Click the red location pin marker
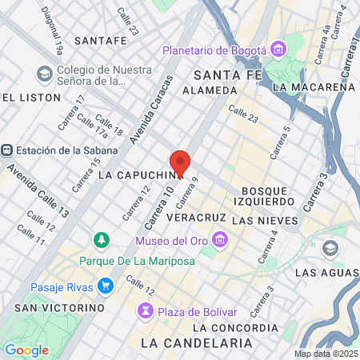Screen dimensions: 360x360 point(180,163)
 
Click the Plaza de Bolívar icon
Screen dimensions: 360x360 point(146,310)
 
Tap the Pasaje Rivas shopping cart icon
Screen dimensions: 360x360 point(105,286)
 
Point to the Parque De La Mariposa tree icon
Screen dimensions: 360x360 point(102,239)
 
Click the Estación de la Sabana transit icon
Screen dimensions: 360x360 point(6,150)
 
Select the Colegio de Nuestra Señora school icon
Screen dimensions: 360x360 point(43,73)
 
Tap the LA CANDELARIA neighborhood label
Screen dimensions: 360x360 point(196,342)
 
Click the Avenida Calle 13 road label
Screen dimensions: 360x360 point(38,191)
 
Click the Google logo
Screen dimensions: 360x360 point(26,350)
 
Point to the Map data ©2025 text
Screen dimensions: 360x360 point(326,354)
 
